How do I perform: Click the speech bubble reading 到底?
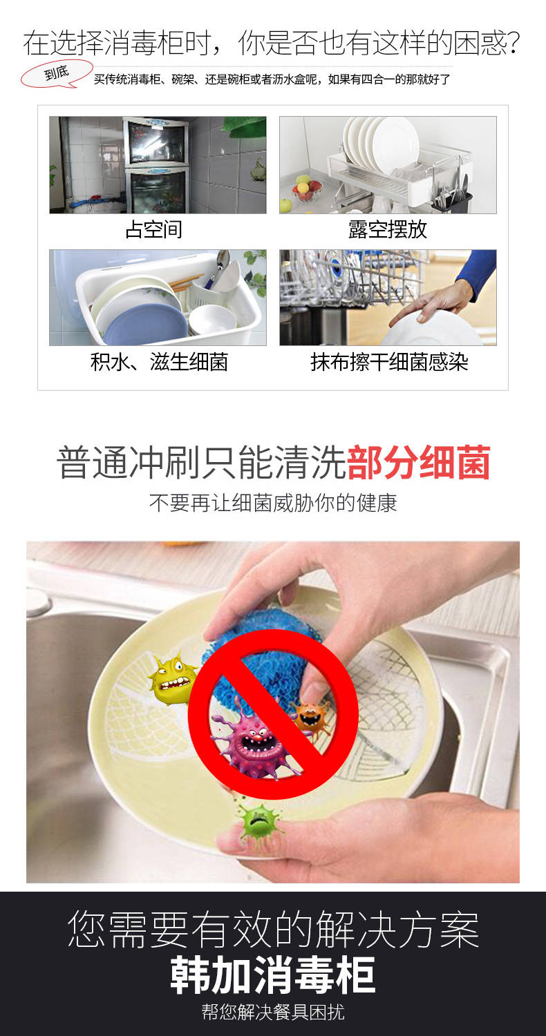57,74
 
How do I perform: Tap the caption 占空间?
153,229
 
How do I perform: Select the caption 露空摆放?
387,229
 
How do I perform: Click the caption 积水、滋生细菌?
159,362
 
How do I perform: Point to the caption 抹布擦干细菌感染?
389,362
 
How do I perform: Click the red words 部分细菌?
418,463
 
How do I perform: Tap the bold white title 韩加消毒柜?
272,975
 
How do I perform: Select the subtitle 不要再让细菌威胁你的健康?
273,503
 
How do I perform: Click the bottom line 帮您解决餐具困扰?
273,1013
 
